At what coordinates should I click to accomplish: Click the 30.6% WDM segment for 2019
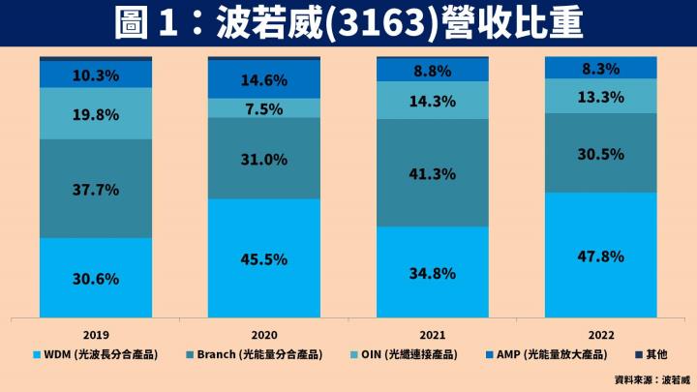pos(96,278)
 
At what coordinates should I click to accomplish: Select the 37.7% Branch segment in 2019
pos(96,189)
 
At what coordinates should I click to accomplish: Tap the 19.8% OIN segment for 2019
pos(96,114)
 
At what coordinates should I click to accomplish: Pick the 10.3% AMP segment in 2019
pos(96,75)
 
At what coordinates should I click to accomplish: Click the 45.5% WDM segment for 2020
pos(264,258)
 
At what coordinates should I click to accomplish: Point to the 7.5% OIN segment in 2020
pos(264,108)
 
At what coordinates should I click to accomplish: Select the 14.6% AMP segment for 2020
pos(264,80)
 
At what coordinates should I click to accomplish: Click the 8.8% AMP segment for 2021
pos(432,70)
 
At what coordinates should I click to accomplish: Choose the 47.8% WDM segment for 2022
pos(600,256)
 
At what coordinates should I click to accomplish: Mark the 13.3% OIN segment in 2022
pos(600,96)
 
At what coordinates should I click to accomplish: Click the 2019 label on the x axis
pos(96,331)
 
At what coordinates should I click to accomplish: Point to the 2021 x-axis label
pos(432,331)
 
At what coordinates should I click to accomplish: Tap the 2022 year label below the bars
pos(600,331)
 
